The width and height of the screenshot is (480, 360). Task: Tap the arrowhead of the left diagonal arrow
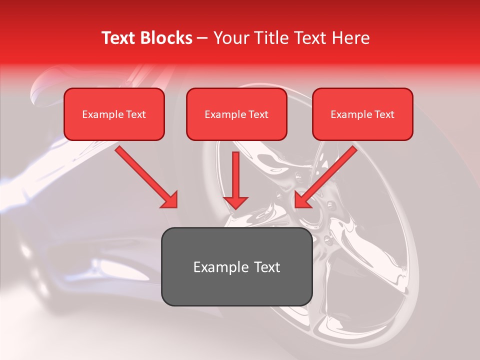pyautogui.click(x=170, y=200)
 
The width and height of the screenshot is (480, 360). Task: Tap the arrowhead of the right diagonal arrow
pyautogui.click(x=301, y=200)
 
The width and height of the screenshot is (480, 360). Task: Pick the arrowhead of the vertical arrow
pyautogui.click(x=235, y=202)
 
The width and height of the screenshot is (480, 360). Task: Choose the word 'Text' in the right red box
pyautogui.click(x=384, y=114)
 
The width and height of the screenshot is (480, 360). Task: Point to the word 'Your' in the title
pyautogui.click(x=228, y=38)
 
